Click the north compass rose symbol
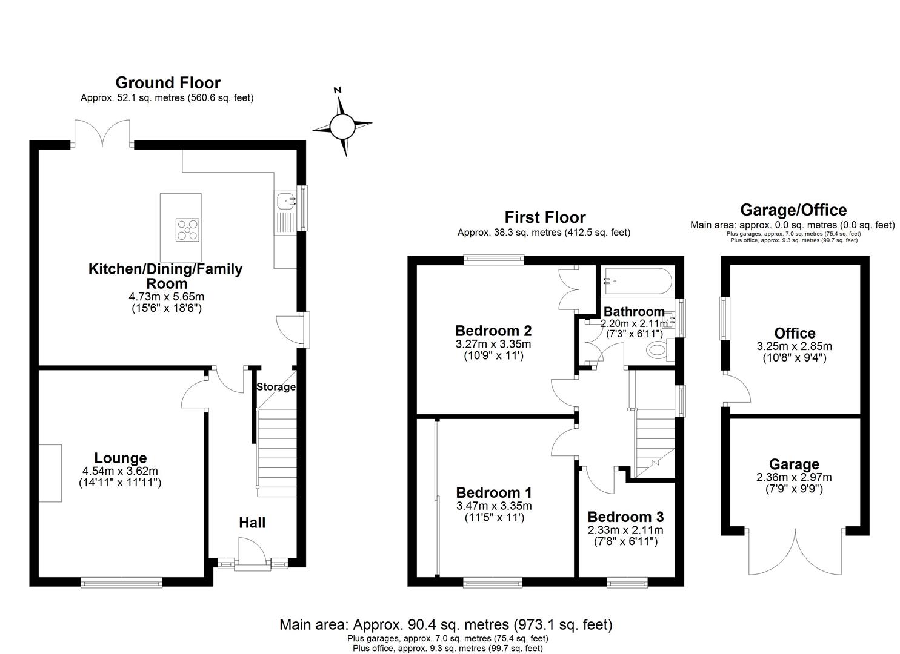coord(341,126)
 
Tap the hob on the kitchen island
coord(188,230)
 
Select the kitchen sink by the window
coord(284,200)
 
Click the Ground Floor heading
coord(168,83)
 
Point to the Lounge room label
coord(120,458)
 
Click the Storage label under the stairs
coord(276,387)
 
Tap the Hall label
coord(252,523)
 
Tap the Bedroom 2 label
coord(493,331)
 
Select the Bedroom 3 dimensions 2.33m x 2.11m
coord(625,530)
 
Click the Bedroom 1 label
coord(494,492)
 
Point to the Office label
coord(795,333)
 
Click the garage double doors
coord(794,551)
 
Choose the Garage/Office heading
coord(793,210)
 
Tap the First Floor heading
coord(545,217)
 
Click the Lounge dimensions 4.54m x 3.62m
coord(120,471)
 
